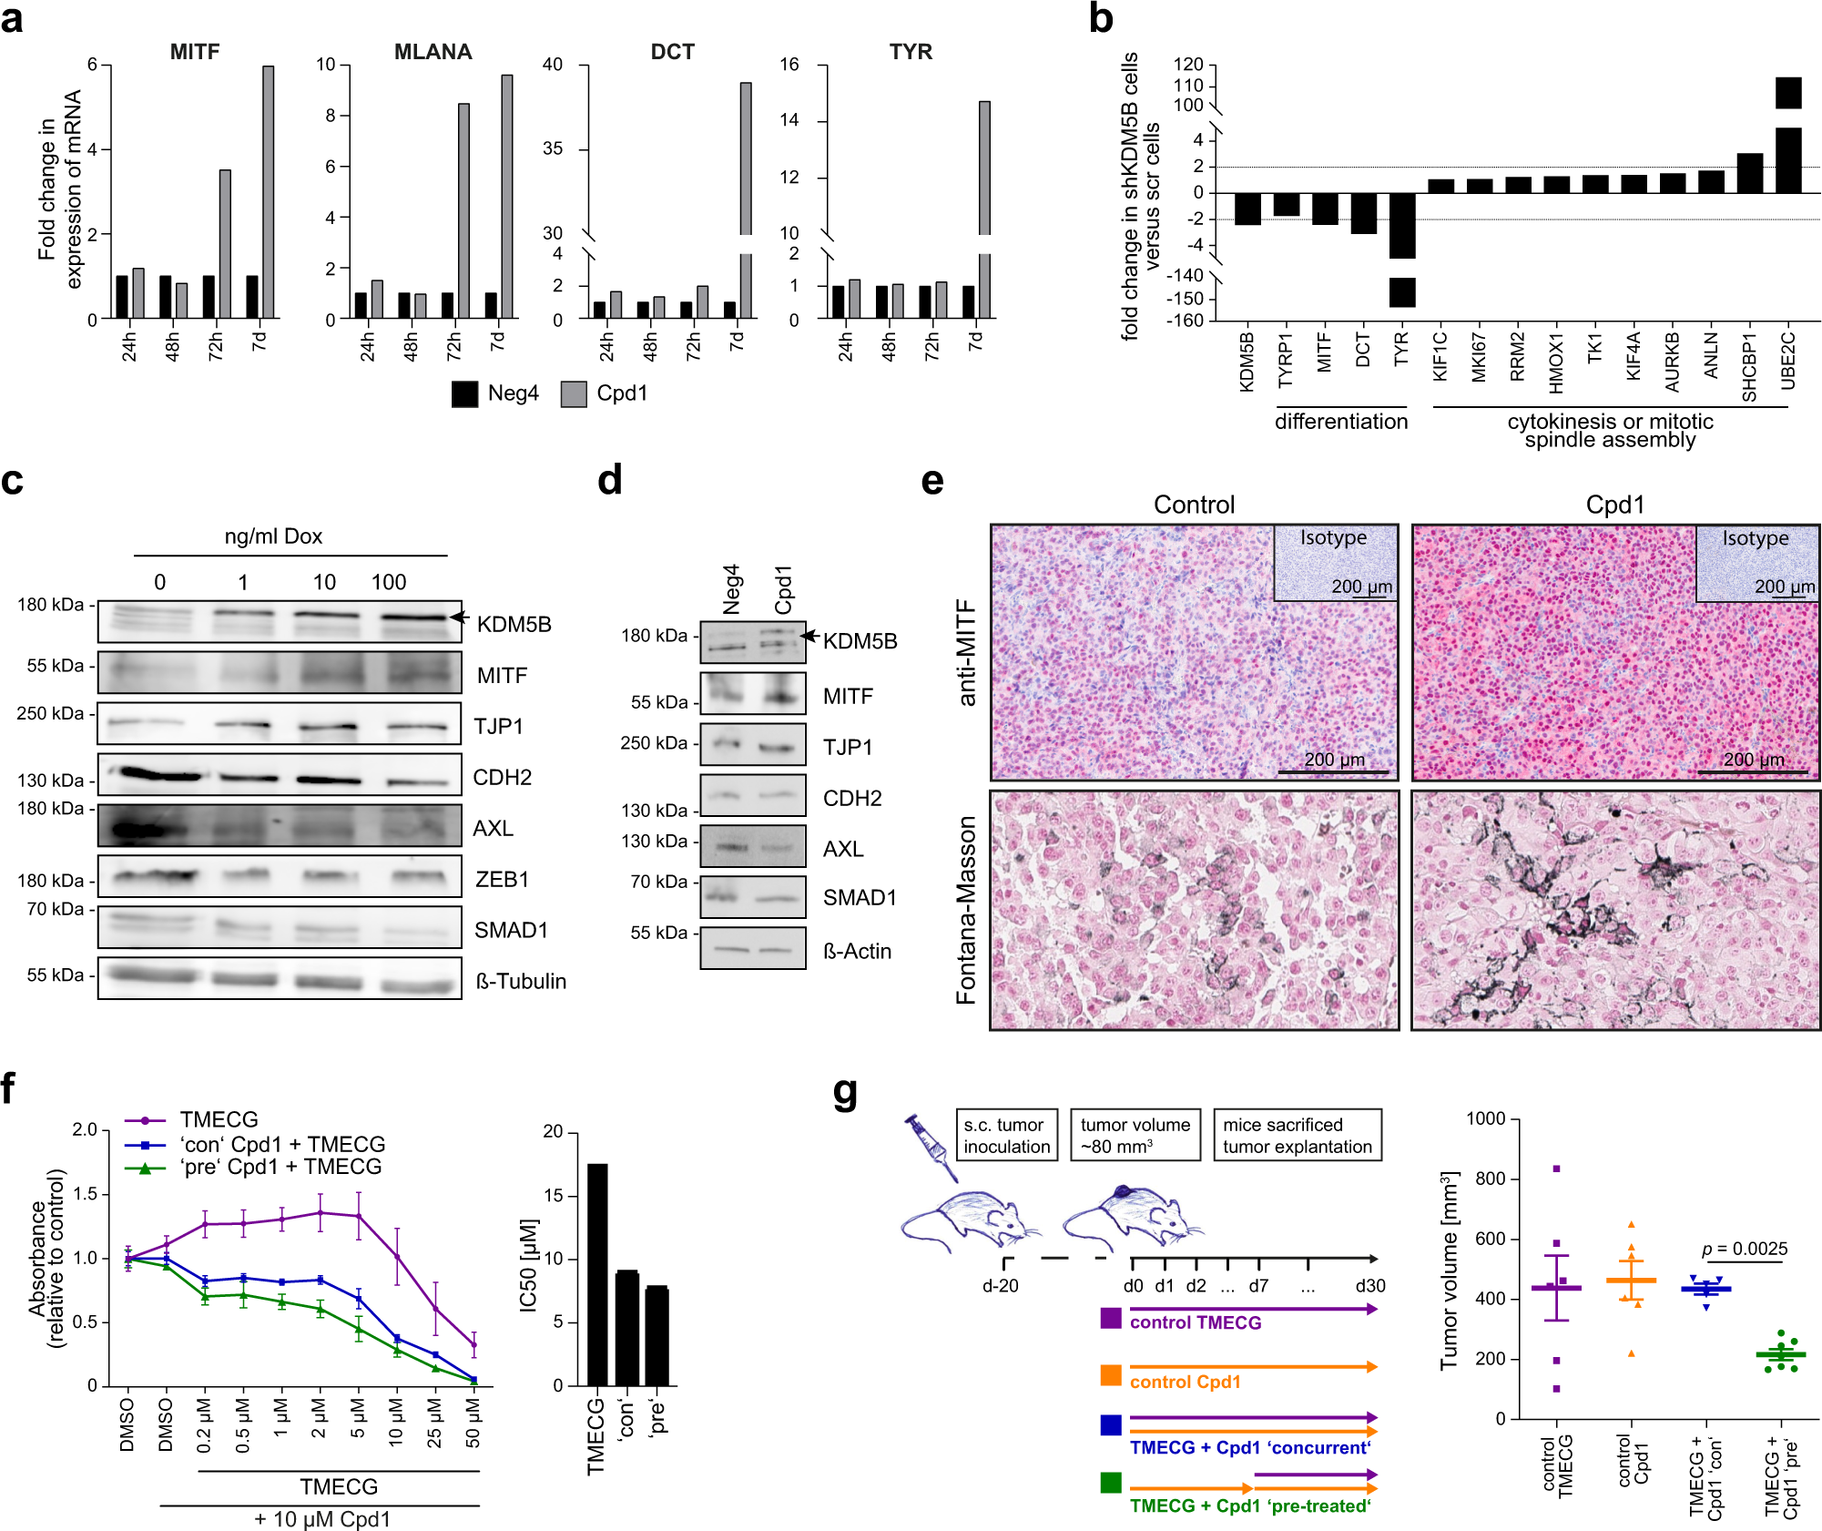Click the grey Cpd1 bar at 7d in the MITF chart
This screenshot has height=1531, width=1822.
pyautogui.click(x=268, y=191)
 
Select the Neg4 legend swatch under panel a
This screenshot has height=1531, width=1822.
pyautogui.click(x=464, y=393)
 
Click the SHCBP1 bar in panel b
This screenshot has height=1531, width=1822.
pyautogui.click(x=1750, y=173)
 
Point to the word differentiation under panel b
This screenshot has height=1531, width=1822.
pyautogui.click(x=1340, y=422)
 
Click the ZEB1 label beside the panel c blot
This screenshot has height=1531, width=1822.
pyautogui.click(x=502, y=879)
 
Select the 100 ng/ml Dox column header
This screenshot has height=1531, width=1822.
pyautogui.click(x=389, y=582)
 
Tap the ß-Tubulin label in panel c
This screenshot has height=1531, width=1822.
pyautogui.click(x=521, y=981)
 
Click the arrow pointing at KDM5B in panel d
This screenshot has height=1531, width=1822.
pyautogui.click(x=809, y=636)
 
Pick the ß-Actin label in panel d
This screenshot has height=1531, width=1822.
pyautogui.click(x=857, y=951)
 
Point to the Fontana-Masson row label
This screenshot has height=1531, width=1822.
pyautogui.click(x=966, y=910)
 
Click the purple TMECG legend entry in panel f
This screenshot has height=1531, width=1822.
pyautogui.click(x=219, y=1119)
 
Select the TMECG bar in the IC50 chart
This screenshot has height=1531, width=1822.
pyautogui.click(x=597, y=1274)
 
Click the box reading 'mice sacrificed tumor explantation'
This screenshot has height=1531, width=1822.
pyautogui.click(x=1297, y=1136)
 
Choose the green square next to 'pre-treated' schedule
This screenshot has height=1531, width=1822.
pyautogui.click(x=1111, y=1483)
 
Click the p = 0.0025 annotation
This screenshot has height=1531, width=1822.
pyautogui.click(x=1744, y=1249)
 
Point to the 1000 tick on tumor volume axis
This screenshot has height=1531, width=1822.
pyautogui.click(x=1485, y=1118)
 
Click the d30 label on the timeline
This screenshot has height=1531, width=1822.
pyautogui.click(x=1369, y=1286)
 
